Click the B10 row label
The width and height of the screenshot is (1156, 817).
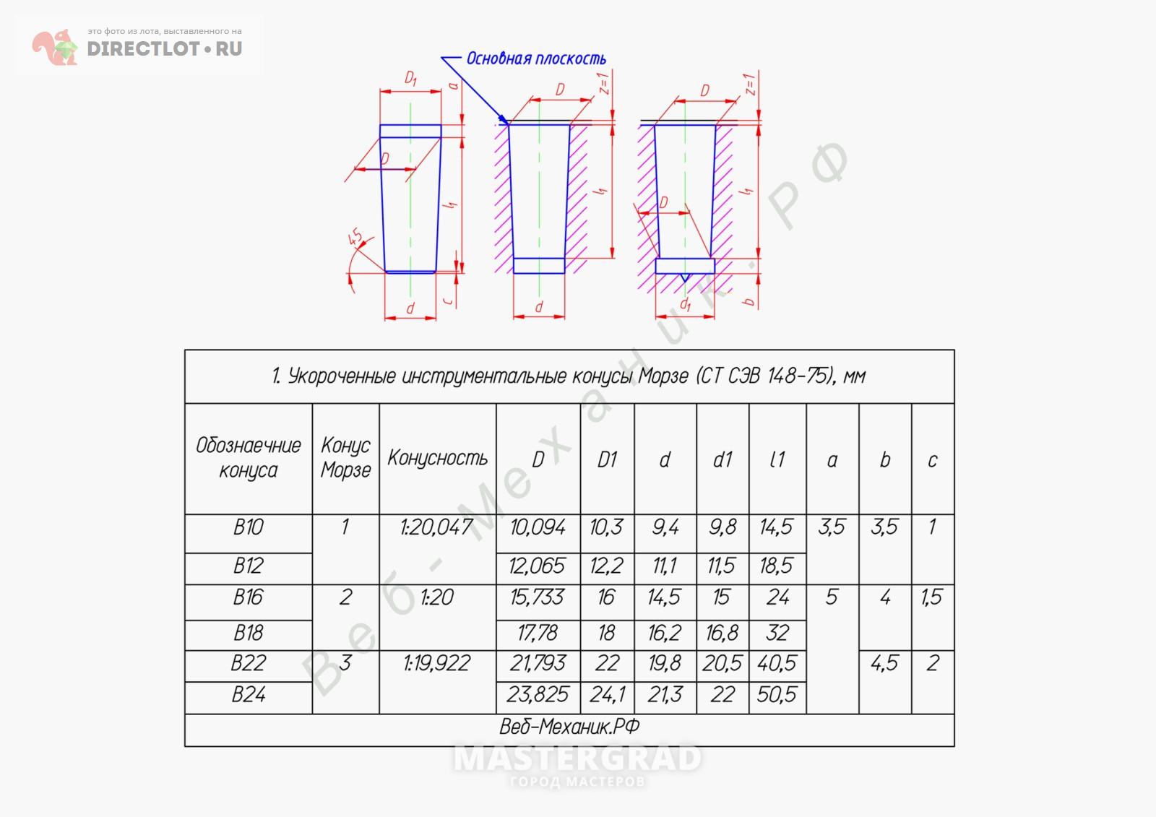click(x=249, y=527)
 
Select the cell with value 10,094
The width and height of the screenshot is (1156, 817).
click(x=538, y=527)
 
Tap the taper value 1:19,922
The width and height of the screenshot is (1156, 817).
click(x=436, y=663)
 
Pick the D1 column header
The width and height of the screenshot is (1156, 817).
click(x=607, y=459)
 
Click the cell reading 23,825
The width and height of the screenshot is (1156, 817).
click(x=538, y=695)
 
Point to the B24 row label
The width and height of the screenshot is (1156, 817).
click(x=249, y=695)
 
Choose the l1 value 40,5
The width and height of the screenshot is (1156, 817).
click(x=777, y=663)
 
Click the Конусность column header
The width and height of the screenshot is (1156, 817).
click(x=438, y=458)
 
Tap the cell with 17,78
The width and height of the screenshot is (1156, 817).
click(x=538, y=633)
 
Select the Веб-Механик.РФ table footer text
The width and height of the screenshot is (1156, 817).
click(x=569, y=727)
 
